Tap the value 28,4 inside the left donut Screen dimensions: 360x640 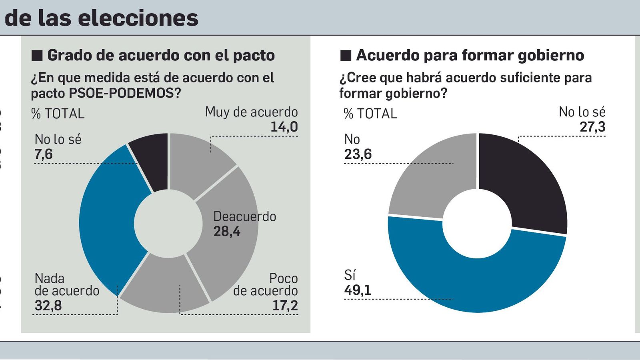[227, 231]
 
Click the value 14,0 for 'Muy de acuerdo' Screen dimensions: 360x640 [284, 127]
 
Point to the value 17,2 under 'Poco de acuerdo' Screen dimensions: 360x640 [285, 306]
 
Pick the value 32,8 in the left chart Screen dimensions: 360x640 [48, 306]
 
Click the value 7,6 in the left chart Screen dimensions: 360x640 [44, 154]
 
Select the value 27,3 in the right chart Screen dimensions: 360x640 [592, 127]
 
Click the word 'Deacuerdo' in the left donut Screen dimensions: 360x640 [245, 216]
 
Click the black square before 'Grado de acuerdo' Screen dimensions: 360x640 [37, 56]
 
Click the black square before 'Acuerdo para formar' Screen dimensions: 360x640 [346, 56]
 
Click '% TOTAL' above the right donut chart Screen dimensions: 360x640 [370, 114]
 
